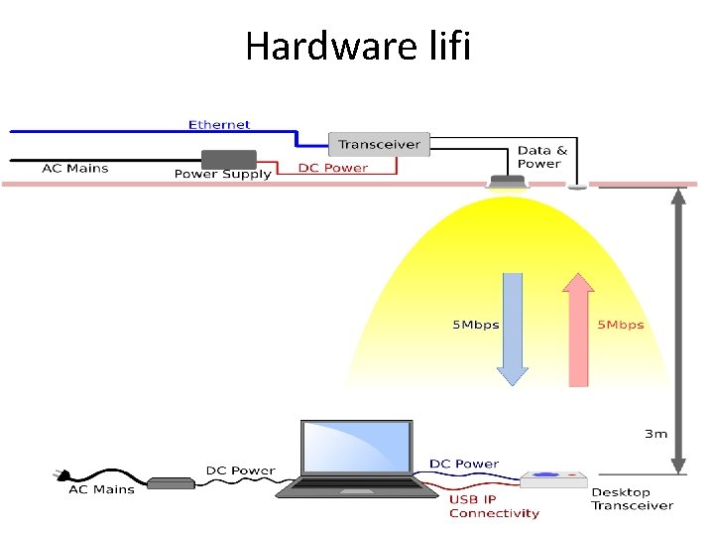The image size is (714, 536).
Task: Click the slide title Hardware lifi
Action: click(357, 46)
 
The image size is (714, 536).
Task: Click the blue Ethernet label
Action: click(219, 124)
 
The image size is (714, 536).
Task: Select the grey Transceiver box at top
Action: click(378, 144)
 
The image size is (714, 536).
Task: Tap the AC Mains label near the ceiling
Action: click(75, 168)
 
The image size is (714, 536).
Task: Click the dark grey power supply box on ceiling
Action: click(229, 159)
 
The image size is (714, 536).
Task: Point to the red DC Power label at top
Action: click(333, 168)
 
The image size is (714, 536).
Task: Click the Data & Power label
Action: click(542, 157)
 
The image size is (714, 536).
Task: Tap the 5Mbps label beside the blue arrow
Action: click(476, 325)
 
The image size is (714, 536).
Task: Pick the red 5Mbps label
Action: click(620, 325)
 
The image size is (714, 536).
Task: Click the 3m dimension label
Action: click(656, 433)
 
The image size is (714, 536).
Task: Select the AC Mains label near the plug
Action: click(101, 489)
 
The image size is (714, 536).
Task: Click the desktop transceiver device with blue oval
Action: click(553, 479)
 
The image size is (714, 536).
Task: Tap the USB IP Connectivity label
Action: click(494, 506)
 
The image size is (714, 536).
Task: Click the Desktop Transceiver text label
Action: click(632, 498)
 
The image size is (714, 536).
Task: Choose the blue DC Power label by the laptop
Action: click(464, 464)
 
